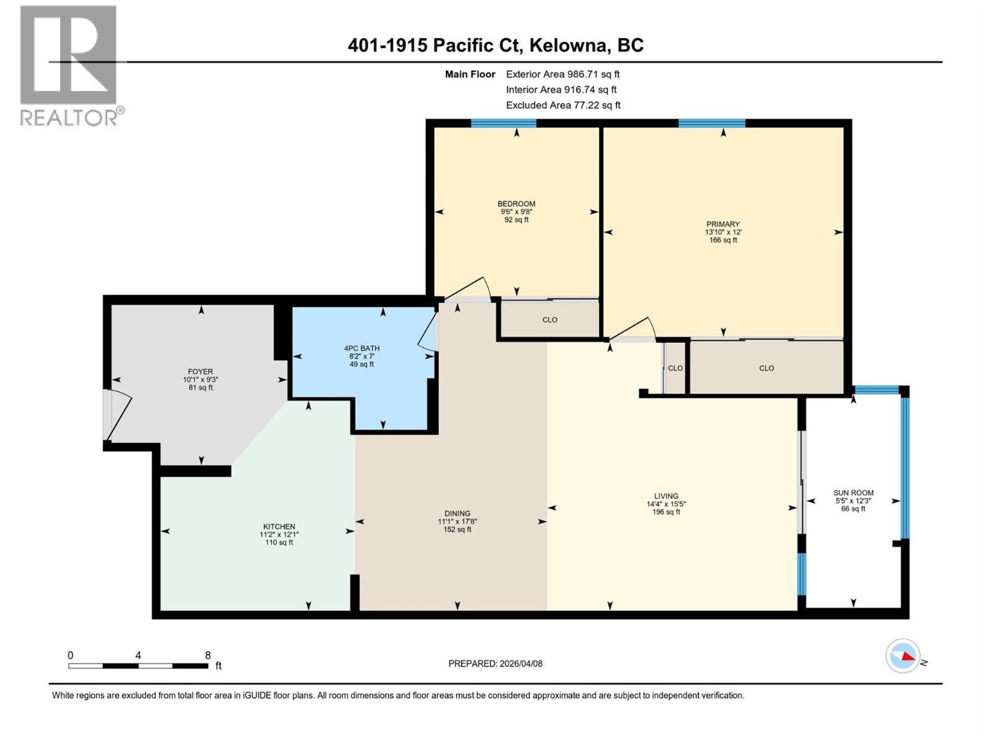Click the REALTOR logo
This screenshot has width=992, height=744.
pos(69,65)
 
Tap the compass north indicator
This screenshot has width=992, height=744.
pos(903,655)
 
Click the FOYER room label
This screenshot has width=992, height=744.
pos(200,371)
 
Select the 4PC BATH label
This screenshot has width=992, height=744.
pos(362,348)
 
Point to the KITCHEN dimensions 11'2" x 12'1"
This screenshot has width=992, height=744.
pos(279,534)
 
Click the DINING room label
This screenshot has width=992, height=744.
pos(457,513)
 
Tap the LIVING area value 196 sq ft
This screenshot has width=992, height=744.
pos(666,512)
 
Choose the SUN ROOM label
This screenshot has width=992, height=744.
pos(853,493)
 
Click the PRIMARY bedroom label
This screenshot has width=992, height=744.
pos(723,224)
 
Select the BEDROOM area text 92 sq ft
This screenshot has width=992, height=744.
pos(516,219)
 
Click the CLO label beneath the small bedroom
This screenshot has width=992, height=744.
pos(549,320)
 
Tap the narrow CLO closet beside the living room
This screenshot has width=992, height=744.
pos(675,368)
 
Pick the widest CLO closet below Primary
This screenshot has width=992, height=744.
pos(766,368)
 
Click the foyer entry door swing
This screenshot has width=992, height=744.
pos(119,414)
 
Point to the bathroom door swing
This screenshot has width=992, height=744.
pos(428,332)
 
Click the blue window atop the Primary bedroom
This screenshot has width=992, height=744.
pos(711,123)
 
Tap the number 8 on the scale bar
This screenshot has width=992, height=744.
pos(208,655)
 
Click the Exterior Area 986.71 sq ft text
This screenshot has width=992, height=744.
pos(562,74)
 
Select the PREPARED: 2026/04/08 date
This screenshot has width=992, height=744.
pos(495,663)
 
